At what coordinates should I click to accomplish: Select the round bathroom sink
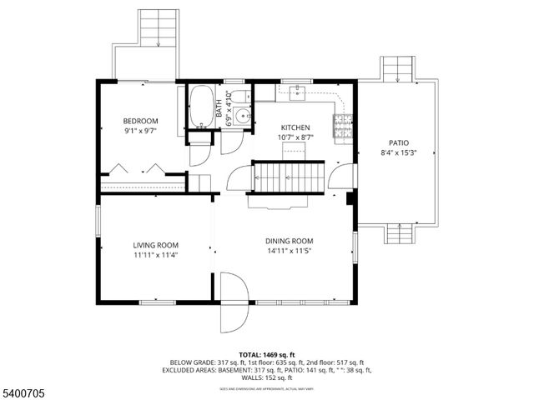coord(241,117)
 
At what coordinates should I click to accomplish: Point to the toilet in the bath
coord(238,97)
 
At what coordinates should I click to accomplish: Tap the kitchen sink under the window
coord(297,92)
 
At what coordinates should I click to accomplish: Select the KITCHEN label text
coord(295,127)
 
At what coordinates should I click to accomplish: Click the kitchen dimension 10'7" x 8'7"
coord(295,137)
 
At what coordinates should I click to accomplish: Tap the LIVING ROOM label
coord(156,245)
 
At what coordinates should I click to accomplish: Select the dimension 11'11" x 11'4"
coord(156,255)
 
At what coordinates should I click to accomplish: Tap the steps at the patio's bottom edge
coord(399,234)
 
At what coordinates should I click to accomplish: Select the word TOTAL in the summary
coord(252,354)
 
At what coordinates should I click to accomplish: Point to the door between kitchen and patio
coord(341,176)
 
